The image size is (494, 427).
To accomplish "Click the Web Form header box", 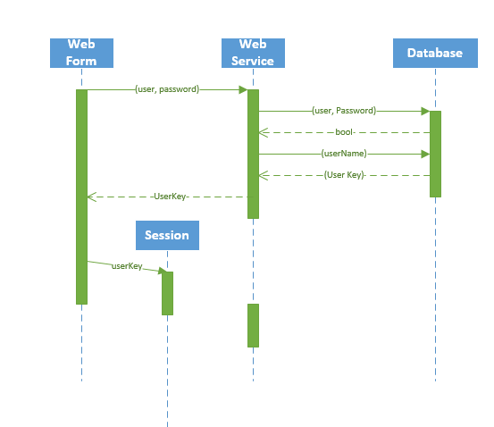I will point(81,53).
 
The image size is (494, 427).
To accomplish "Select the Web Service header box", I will point(253,53).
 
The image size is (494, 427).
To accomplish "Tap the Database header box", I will point(435,53).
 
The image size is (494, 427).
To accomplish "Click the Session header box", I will point(167,235).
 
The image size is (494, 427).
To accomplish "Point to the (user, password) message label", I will point(167,89).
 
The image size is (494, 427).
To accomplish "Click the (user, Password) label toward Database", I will point(344,111).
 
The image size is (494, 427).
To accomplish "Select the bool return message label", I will point(345,132).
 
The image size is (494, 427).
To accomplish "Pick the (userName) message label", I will point(344,154).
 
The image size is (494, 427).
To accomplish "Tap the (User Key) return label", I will point(344,175).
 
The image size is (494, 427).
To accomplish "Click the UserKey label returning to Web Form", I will point(170,197).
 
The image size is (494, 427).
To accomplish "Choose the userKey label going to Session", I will point(127,266).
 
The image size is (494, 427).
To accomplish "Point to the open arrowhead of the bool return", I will point(264,132).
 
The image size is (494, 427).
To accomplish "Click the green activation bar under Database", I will point(435,154).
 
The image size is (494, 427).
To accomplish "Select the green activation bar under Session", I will point(167,293).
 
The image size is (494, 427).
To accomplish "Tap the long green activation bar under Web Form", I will point(81,197).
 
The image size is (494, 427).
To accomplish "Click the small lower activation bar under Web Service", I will point(253,325).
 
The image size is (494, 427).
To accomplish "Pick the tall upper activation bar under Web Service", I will point(253,154).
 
